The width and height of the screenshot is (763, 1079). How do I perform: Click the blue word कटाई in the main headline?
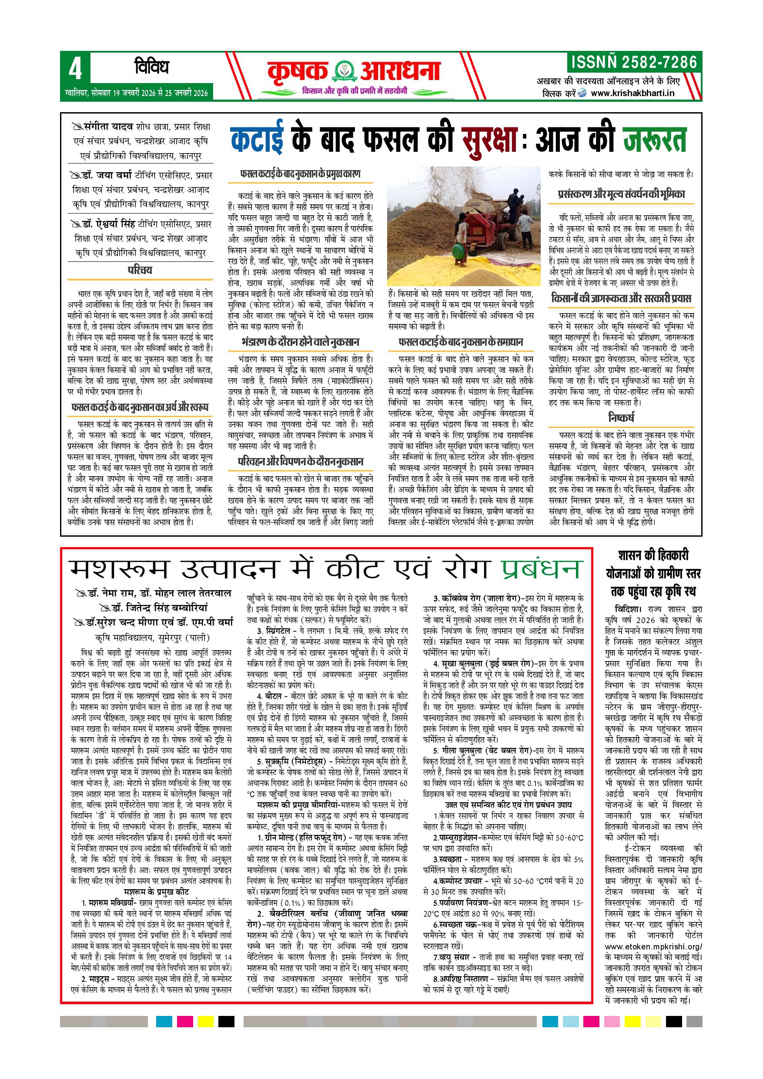(x=258, y=139)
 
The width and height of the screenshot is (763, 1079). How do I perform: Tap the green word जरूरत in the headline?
(x=654, y=139)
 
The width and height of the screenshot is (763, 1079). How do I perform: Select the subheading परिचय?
(x=140, y=270)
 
